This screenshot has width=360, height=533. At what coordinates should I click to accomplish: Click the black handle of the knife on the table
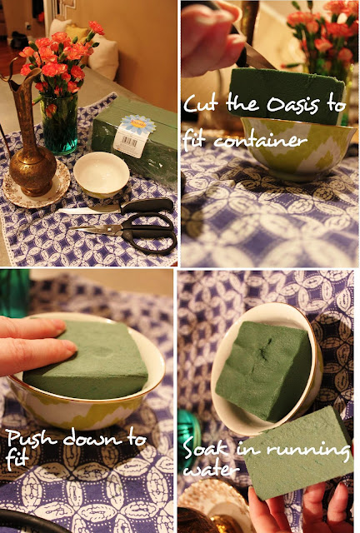tap(147, 206)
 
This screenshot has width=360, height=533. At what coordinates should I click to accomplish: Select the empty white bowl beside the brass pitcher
tap(102, 174)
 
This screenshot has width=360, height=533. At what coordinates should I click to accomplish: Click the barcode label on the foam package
tap(129, 142)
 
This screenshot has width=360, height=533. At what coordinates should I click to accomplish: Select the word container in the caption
tap(260, 140)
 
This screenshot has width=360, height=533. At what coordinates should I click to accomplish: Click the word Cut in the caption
tap(202, 102)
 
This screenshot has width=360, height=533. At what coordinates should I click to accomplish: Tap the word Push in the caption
tap(32, 440)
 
